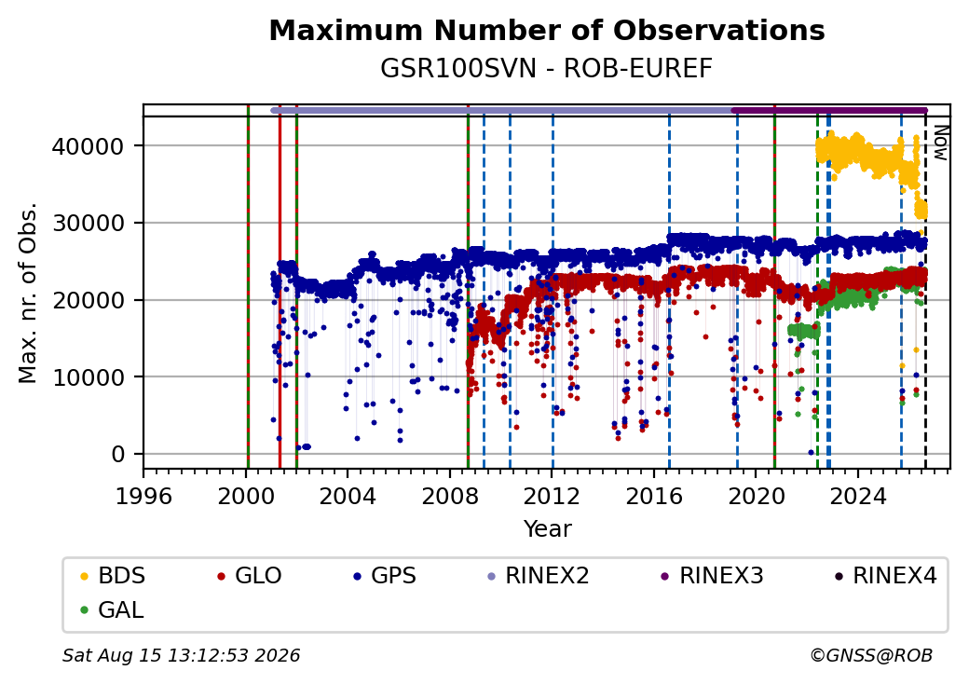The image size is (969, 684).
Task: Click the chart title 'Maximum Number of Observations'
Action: click(547, 30)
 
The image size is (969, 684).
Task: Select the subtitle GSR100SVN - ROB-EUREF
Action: click(546, 69)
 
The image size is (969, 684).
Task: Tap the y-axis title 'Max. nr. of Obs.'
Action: click(28, 293)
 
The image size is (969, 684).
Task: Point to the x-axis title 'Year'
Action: click(548, 529)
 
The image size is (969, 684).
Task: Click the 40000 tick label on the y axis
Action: click(89, 146)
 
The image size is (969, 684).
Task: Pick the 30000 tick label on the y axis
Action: click(89, 223)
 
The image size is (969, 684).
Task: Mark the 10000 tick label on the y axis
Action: click(89, 376)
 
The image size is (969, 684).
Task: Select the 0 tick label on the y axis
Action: click(118, 454)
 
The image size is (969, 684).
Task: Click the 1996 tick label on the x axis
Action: click(144, 496)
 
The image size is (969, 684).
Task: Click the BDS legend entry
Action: click(113, 576)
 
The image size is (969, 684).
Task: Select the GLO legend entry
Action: click(249, 576)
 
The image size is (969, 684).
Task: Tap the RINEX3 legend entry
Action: click(712, 576)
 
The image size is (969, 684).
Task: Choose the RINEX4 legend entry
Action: click(885, 576)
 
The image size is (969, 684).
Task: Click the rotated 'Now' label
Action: click(940, 144)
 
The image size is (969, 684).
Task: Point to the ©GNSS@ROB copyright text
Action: click(871, 655)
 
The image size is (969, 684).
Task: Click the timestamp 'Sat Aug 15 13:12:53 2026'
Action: click(182, 655)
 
